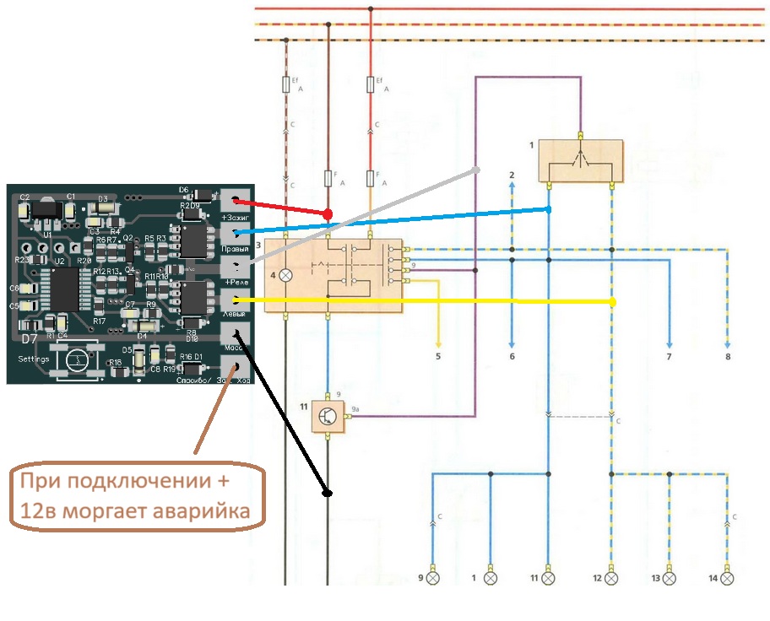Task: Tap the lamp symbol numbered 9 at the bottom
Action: click(x=433, y=579)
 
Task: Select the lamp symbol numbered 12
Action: click(x=612, y=579)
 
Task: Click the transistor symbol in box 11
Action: click(x=327, y=414)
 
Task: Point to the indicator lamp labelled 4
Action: click(x=286, y=275)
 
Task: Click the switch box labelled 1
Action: click(x=580, y=160)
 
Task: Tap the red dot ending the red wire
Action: click(x=327, y=214)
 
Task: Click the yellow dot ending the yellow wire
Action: click(x=613, y=302)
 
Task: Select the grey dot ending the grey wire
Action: click(x=476, y=170)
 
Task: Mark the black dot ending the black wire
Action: click(x=328, y=492)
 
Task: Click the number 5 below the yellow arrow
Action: click(x=438, y=357)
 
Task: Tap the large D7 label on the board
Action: click(x=29, y=339)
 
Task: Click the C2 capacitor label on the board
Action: click(x=24, y=197)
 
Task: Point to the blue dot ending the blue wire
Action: click(x=549, y=208)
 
